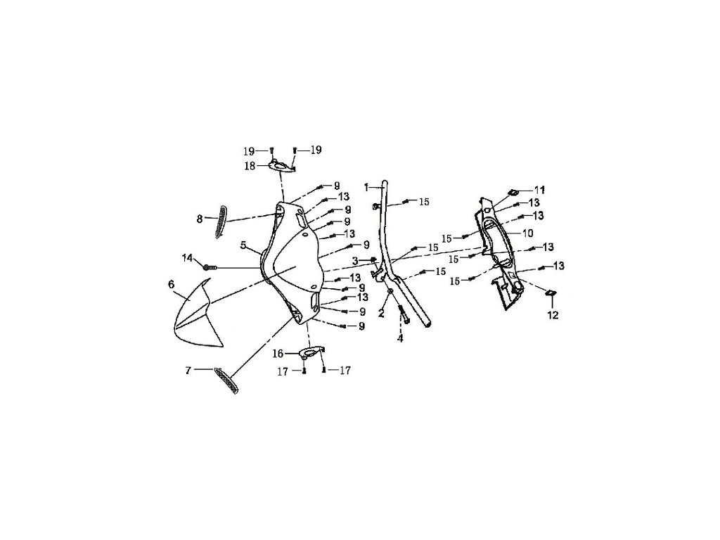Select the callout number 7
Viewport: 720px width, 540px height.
tap(188, 369)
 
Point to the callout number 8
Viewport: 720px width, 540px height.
tap(200, 219)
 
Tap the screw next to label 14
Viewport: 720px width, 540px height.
tap(209, 267)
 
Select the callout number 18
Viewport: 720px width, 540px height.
tap(250, 166)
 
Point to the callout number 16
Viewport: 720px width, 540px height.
tap(278, 353)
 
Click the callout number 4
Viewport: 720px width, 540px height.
tap(400, 338)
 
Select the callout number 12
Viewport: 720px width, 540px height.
tap(553, 315)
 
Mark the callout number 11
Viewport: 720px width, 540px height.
tap(539, 190)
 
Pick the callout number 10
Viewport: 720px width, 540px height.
tap(527, 233)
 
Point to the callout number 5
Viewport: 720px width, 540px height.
tap(243, 246)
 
